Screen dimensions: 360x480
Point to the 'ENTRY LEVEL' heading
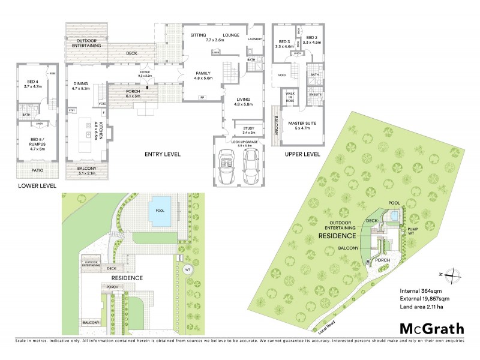coord(163,155)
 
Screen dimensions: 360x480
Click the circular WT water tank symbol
coord(188,269)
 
